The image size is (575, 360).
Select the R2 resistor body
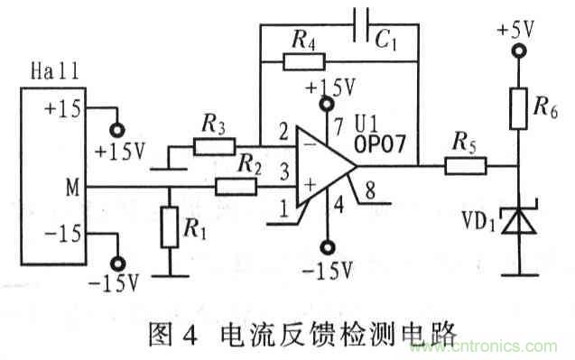click(x=235, y=187)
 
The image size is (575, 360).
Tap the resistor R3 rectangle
click(x=215, y=144)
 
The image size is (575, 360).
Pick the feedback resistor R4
click(x=302, y=61)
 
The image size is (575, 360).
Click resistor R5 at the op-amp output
click(x=467, y=164)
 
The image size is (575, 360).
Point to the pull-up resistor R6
click(x=518, y=107)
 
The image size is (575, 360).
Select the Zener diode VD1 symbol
click(x=518, y=219)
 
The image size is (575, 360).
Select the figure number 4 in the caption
click(x=190, y=335)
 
